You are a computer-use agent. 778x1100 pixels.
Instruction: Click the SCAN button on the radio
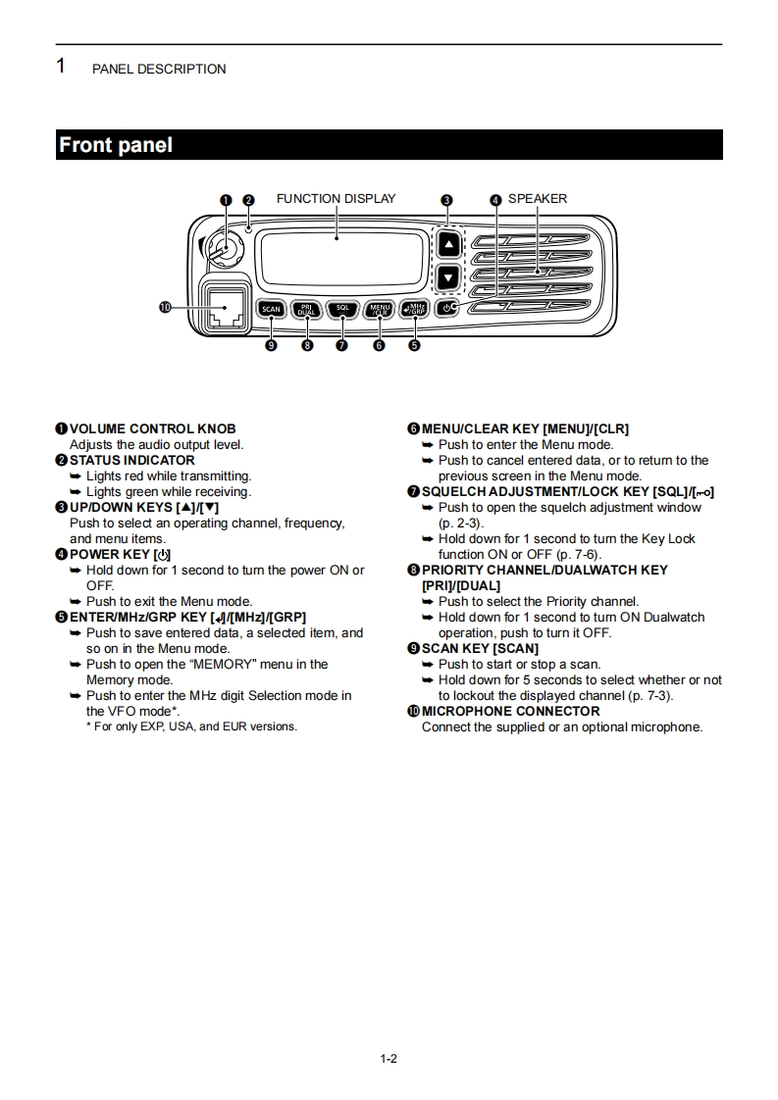point(271,309)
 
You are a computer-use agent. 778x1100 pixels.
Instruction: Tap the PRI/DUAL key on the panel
point(306,309)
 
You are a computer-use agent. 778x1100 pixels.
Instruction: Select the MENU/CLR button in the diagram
point(379,309)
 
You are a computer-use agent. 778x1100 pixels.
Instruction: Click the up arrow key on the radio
point(447,244)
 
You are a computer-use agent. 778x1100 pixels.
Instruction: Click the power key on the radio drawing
point(448,308)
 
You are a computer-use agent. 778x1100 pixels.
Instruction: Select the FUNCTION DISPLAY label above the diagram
point(337,199)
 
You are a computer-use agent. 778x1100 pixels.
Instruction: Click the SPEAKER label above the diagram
point(537,199)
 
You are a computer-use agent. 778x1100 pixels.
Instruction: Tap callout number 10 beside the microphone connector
point(165,307)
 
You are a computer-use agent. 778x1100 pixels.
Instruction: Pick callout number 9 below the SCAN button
point(271,345)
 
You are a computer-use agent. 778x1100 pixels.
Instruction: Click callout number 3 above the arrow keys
point(446,200)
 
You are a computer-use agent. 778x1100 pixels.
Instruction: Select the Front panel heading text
point(116,145)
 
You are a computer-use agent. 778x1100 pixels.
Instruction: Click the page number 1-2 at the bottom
point(389,1058)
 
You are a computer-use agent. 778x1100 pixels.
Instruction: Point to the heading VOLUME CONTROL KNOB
point(152,428)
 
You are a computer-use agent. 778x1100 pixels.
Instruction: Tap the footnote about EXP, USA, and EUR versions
point(191,726)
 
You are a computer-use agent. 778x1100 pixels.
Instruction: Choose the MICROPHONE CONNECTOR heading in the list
point(510,711)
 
